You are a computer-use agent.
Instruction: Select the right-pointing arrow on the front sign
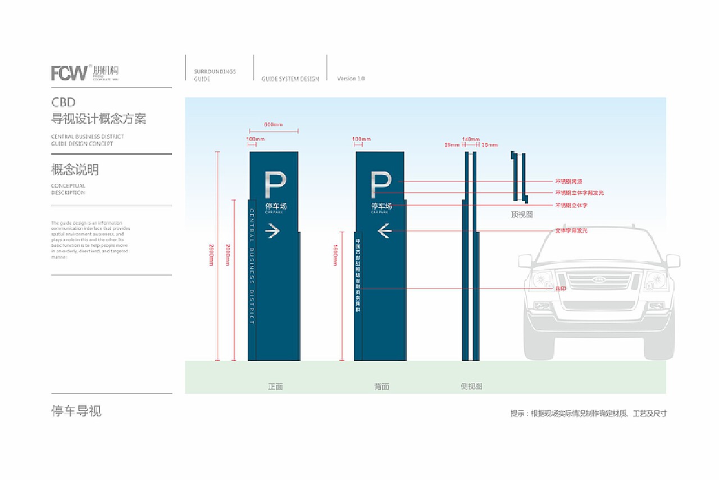pyautogui.click(x=273, y=230)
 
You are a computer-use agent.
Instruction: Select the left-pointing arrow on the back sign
pyautogui.click(x=385, y=230)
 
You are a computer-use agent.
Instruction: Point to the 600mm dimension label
pyautogui.click(x=274, y=124)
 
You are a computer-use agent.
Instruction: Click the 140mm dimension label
pyautogui.click(x=471, y=139)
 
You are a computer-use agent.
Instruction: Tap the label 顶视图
pyautogui.click(x=522, y=214)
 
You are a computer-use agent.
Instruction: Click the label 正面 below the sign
pyautogui.click(x=275, y=387)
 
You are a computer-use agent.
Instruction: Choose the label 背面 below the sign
pyautogui.click(x=381, y=387)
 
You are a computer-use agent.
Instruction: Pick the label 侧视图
pyautogui.click(x=471, y=387)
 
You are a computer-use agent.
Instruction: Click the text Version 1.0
pyautogui.click(x=351, y=79)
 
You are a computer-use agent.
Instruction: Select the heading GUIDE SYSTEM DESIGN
pyautogui.click(x=290, y=79)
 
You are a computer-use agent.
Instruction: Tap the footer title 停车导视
pyautogui.click(x=76, y=411)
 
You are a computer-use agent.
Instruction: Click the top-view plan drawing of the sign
pyautogui.click(x=518, y=176)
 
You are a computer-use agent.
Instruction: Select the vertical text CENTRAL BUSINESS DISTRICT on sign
pyautogui.click(x=252, y=266)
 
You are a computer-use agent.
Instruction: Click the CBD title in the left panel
pyautogui.click(x=63, y=103)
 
